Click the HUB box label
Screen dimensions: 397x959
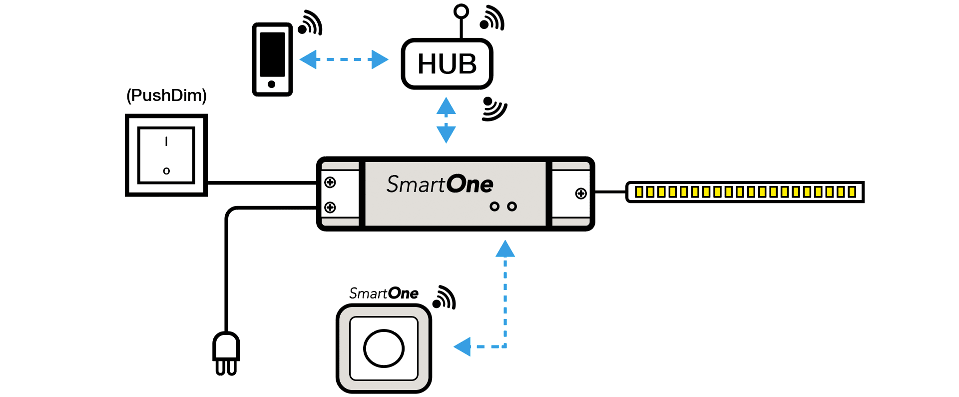tap(447, 64)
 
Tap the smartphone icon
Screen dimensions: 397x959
tap(272, 59)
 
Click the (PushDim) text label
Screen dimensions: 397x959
tap(166, 95)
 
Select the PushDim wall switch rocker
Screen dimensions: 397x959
tap(166, 155)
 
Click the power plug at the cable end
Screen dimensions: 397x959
tap(226, 352)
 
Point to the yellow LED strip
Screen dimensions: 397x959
tap(745, 192)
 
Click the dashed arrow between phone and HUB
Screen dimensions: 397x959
tap(344, 59)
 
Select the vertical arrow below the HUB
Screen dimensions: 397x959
tap(446, 120)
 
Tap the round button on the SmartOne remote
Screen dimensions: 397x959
tap(384, 348)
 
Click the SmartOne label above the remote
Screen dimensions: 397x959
tap(384, 293)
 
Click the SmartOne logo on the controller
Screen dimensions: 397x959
tap(440, 184)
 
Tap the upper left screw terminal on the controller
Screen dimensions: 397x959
tap(330, 182)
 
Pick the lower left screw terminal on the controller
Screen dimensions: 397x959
tap(330, 207)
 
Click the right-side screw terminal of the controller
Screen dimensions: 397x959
tap(581, 193)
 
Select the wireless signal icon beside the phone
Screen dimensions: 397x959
tap(310, 23)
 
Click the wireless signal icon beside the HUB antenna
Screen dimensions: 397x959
tap(492, 18)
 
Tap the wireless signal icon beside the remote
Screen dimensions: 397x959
tap(444, 297)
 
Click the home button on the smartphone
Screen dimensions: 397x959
tap(272, 84)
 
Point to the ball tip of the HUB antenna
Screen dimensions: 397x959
tap(461, 11)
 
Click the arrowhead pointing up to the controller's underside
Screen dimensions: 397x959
tap(505, 249)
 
